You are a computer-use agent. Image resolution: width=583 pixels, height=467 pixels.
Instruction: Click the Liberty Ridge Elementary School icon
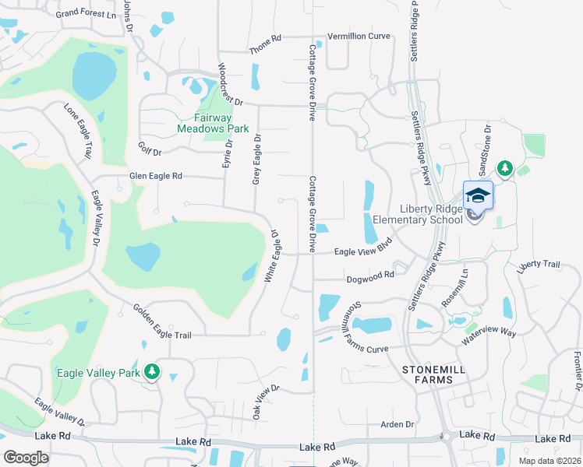478,195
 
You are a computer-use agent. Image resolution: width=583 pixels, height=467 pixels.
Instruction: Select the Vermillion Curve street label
358,36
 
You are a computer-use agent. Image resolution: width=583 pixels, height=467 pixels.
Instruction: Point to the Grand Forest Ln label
86,13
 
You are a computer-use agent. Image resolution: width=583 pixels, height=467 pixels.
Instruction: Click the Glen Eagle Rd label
156,177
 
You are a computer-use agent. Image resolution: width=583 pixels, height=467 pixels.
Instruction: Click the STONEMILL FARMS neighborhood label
427,374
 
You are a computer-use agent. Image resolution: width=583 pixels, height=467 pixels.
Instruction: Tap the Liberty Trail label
539,265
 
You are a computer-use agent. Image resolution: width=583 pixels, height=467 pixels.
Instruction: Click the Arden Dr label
397,424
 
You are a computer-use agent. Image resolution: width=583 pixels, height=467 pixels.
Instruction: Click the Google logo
26,458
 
